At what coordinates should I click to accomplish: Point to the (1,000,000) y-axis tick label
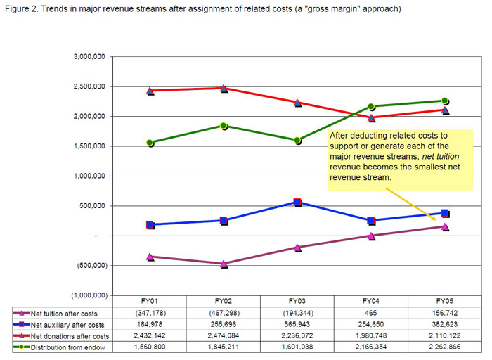[89, 295]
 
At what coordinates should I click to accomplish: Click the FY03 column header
[297, 303]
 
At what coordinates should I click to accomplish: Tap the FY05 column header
[445, 303]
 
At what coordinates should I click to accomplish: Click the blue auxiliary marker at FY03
[297, 202]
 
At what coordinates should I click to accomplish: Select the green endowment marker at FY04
[371, 107]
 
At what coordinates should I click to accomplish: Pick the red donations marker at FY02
[224, 89]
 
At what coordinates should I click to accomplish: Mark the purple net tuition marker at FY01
[150, 257]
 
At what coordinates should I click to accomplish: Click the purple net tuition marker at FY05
[445, 226]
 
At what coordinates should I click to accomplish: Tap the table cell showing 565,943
[297, 324]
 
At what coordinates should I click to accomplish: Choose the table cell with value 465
[371, 313]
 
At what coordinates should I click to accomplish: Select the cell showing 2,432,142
[150, 335]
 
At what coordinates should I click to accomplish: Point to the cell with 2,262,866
[445, 347]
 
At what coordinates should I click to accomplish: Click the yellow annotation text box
[399, 159]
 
